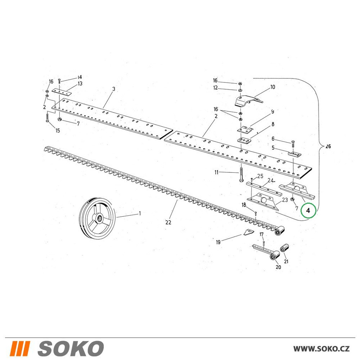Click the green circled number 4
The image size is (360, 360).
[308, 210]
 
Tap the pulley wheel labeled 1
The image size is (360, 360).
[97, 217]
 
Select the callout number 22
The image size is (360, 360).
[168, 222]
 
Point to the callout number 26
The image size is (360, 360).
[328, 146]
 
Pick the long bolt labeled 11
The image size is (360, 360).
[241, 174]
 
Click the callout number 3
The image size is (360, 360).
[113, 89]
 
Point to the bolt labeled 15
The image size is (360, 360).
[47, 118]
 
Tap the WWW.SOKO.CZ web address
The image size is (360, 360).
[321, 349]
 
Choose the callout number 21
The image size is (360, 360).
[286, 261]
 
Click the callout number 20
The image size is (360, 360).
[278, 267]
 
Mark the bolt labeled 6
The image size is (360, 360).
[293, 144]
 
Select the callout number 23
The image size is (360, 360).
[285, 200]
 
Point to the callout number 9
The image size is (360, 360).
[273, 112]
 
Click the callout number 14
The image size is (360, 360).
[80, 77]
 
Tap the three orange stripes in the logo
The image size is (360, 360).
[20, 348]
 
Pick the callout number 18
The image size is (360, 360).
[244, 204]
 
